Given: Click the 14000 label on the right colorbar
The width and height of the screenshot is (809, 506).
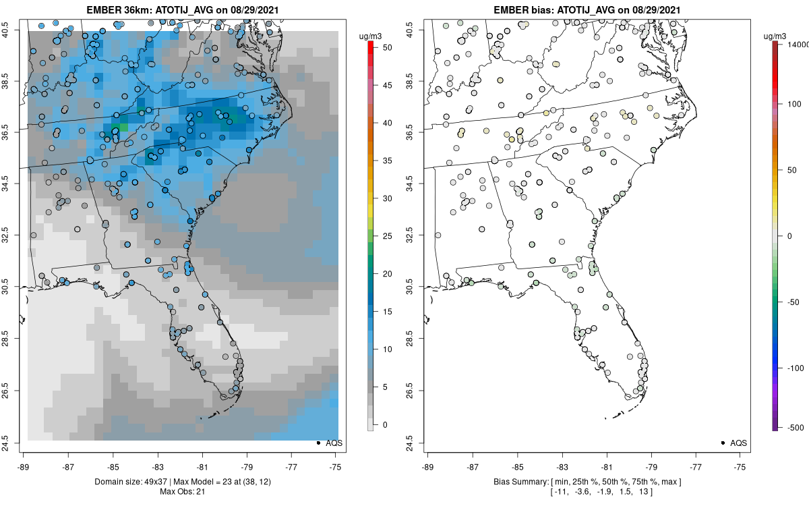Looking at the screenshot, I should point(798,44).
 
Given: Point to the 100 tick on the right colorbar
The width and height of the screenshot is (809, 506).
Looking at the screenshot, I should point(791,104).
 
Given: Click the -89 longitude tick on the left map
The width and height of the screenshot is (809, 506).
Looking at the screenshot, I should point(24,466).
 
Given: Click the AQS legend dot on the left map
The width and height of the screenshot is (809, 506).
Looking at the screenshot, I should point(318,443).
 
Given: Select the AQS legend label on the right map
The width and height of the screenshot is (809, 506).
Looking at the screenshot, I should point(738,443).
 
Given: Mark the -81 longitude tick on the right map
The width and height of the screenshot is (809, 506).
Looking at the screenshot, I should point(606,466).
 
